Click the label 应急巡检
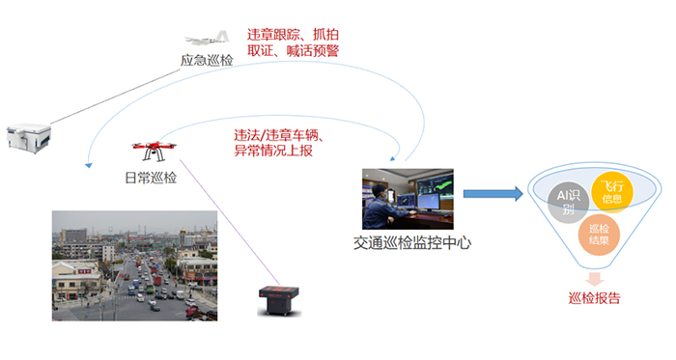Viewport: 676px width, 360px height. click(207, 61)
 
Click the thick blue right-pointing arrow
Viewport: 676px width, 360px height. click(492, 194)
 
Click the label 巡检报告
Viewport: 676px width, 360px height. click(595, 298)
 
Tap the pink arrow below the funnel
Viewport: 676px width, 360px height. click(596, 278)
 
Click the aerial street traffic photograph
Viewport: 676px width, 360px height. click(134, 266)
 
